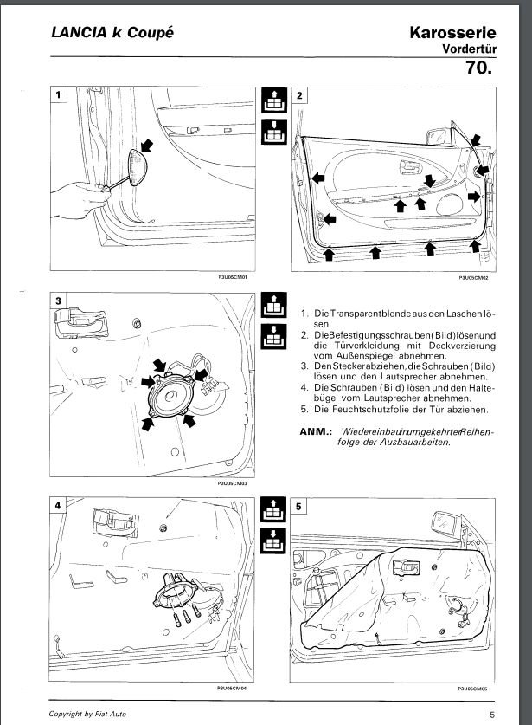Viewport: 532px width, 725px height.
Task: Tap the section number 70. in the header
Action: click(x=478, y=68)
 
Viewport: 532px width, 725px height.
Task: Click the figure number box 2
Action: click(x=298, y=94)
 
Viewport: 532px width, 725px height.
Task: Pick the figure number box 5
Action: click(x=298, y=506)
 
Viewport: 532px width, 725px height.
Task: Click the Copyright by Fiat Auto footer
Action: click(x=88, y=714)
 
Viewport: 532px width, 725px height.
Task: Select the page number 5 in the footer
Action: click(x=491, y=715)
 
